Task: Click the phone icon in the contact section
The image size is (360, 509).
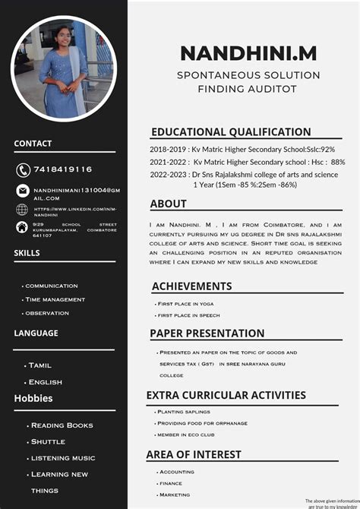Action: tap(23, 169)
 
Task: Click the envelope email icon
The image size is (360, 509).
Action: tap(23, 191)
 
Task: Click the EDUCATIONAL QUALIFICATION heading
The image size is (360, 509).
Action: tap(231, 131)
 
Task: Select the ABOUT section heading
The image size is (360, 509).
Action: tap(169, 204)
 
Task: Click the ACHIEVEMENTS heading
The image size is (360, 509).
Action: tap(192, 286)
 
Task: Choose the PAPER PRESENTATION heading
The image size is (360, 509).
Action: tap(207, 333)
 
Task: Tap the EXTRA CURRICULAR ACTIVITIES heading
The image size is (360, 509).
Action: tap(226, 395)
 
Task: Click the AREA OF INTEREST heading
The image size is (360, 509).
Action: tap(195, 454)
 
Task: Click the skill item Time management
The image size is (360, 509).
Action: tap(55, 299)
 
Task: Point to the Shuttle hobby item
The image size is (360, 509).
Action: tap(48, 441)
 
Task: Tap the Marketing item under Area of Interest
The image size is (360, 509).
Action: tap(175, 495)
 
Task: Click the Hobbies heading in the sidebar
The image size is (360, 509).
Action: tap(33, 398)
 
